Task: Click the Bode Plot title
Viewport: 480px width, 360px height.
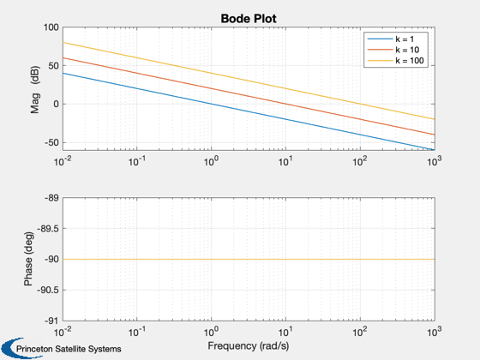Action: (249, 19)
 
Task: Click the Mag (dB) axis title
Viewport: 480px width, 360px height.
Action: (35, 89)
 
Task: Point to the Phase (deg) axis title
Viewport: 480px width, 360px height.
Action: (28, 259)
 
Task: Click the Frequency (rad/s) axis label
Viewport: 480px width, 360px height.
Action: (249, 346)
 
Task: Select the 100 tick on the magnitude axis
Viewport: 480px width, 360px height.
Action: (51, 27)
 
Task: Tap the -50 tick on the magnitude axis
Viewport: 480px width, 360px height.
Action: (51, 142)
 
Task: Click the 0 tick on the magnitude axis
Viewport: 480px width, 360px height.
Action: (56, 104)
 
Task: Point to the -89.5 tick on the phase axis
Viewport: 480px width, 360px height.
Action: (47, 228)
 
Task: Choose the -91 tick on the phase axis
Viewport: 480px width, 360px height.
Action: (51, 321)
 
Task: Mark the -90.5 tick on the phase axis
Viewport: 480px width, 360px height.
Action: (47, 290)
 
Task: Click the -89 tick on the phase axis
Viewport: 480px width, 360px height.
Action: (51, 198)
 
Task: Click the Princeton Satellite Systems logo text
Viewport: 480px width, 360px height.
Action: (69, 349)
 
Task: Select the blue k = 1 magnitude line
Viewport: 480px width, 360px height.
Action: (249, 111)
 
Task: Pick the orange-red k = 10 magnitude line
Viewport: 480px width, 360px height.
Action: (249, 96)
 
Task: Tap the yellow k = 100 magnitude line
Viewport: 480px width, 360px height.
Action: (249, 81)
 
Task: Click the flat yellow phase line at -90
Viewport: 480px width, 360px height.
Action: (249, 259)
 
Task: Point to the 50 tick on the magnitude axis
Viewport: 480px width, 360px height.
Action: (52, 66)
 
